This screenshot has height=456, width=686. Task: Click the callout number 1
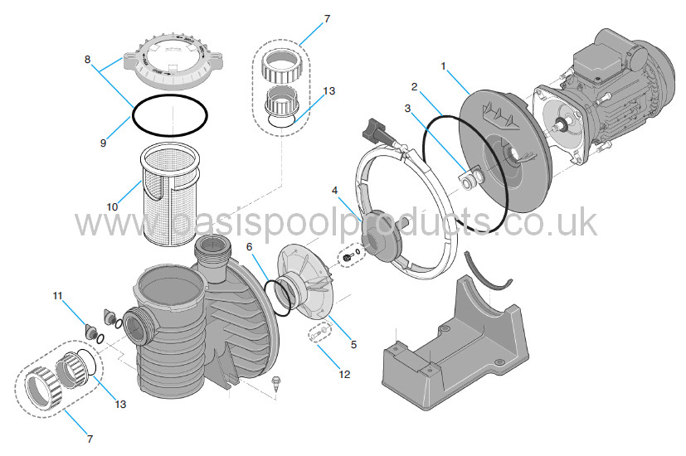tap(443, 66)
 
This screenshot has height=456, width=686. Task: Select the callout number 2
tap(414, 87)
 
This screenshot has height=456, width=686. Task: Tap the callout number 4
tap(334, 191)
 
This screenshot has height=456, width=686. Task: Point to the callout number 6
tap(250, 247)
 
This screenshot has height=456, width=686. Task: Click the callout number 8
tap(87, 59)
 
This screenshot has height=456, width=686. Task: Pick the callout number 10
tap(113, 206)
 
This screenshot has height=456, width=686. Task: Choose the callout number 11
tap(58, 296)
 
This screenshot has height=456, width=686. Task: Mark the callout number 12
tap(345, 374)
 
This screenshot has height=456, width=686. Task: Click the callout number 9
tap(103, 143)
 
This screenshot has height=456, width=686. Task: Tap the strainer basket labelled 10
tap(170, 195)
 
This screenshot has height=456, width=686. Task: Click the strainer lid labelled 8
tap(173, 65)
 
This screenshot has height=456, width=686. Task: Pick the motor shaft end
tap(557, 128)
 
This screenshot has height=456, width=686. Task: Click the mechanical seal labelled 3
tap(474, 178)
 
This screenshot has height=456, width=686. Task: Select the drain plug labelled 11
tap(90, 331)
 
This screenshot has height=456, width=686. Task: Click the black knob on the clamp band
tap(377, 129)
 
